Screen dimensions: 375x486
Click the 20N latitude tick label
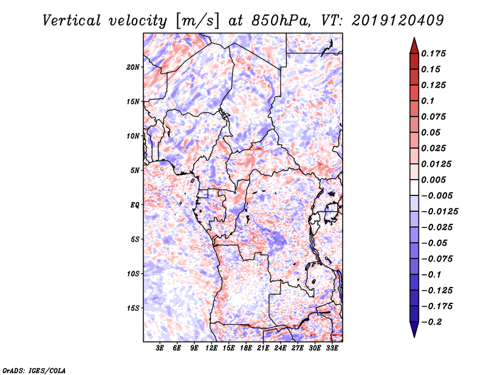pos(133,67)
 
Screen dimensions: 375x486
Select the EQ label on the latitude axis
pos(135,205)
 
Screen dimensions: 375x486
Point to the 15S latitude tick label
pos(133,308)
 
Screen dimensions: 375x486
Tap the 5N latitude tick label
pos(135,171)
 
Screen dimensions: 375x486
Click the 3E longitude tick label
pos(160,349)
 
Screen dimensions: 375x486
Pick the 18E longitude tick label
pos(246,349)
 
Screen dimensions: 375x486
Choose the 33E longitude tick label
pos(332,349)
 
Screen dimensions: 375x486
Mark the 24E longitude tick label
pos(280,349)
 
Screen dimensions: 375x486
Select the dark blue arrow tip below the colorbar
pos(414,331)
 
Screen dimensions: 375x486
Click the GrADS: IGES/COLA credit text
pos(33,370)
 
